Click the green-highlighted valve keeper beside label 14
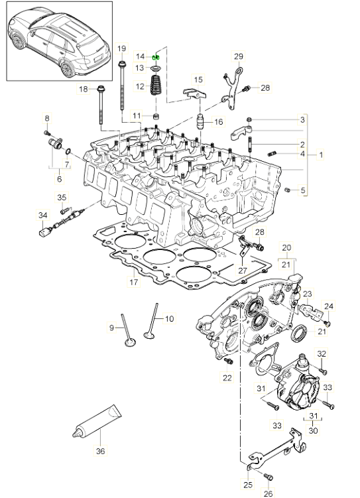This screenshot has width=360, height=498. [x=156, y=57]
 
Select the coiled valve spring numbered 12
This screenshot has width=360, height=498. [x=156, y=84]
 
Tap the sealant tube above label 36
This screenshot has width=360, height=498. [x=97, y=421]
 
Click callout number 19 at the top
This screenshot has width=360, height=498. [x=121, y=48]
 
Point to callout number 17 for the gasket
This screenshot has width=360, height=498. [x=134, y=282]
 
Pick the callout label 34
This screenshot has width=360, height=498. [x=43, y=216]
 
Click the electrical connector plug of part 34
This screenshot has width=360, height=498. [x=44, y=233]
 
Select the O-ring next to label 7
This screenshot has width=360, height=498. [x=68, y=151]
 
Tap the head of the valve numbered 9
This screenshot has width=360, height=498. [x=130, y=343]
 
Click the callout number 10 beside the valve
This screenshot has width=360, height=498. [x=170, y=318]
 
